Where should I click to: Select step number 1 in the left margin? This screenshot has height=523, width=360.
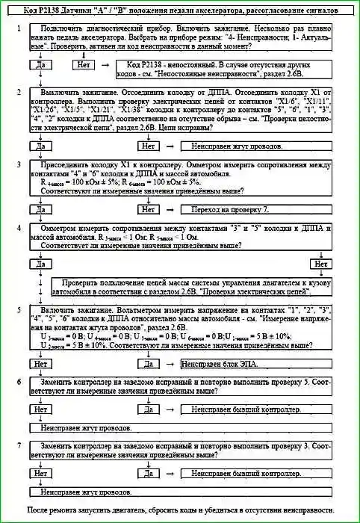[x=18, y=28]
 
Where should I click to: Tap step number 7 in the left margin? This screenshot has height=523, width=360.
[x=18, y=446]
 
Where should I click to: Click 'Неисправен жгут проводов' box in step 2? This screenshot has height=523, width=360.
[x=234, y=146]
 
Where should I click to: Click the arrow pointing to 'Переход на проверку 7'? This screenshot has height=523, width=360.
[x=170, y=211]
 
